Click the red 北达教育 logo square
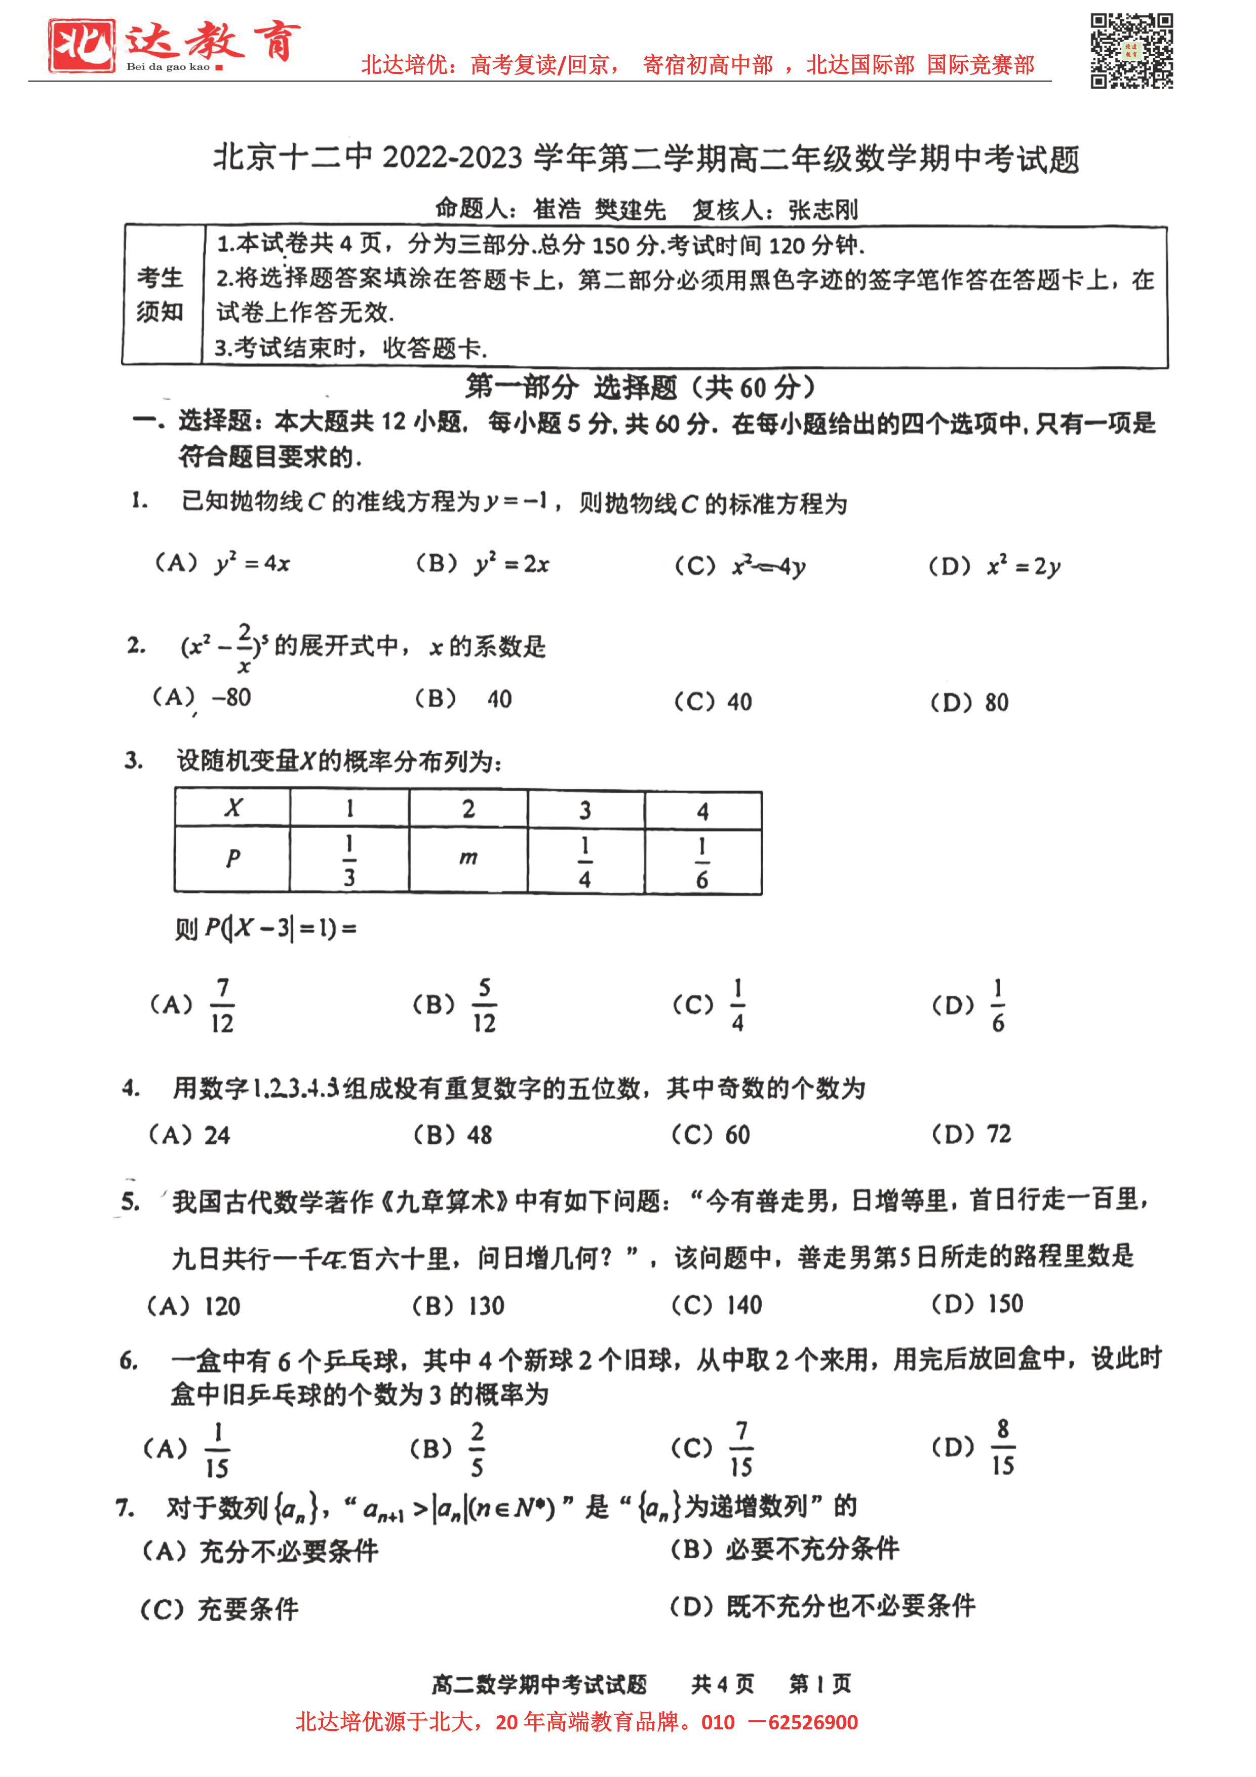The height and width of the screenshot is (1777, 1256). (x=81, y=46)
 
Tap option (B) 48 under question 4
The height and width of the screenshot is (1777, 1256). (x=453, y=1135)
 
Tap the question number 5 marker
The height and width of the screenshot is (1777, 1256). (x=130, y=1201)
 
